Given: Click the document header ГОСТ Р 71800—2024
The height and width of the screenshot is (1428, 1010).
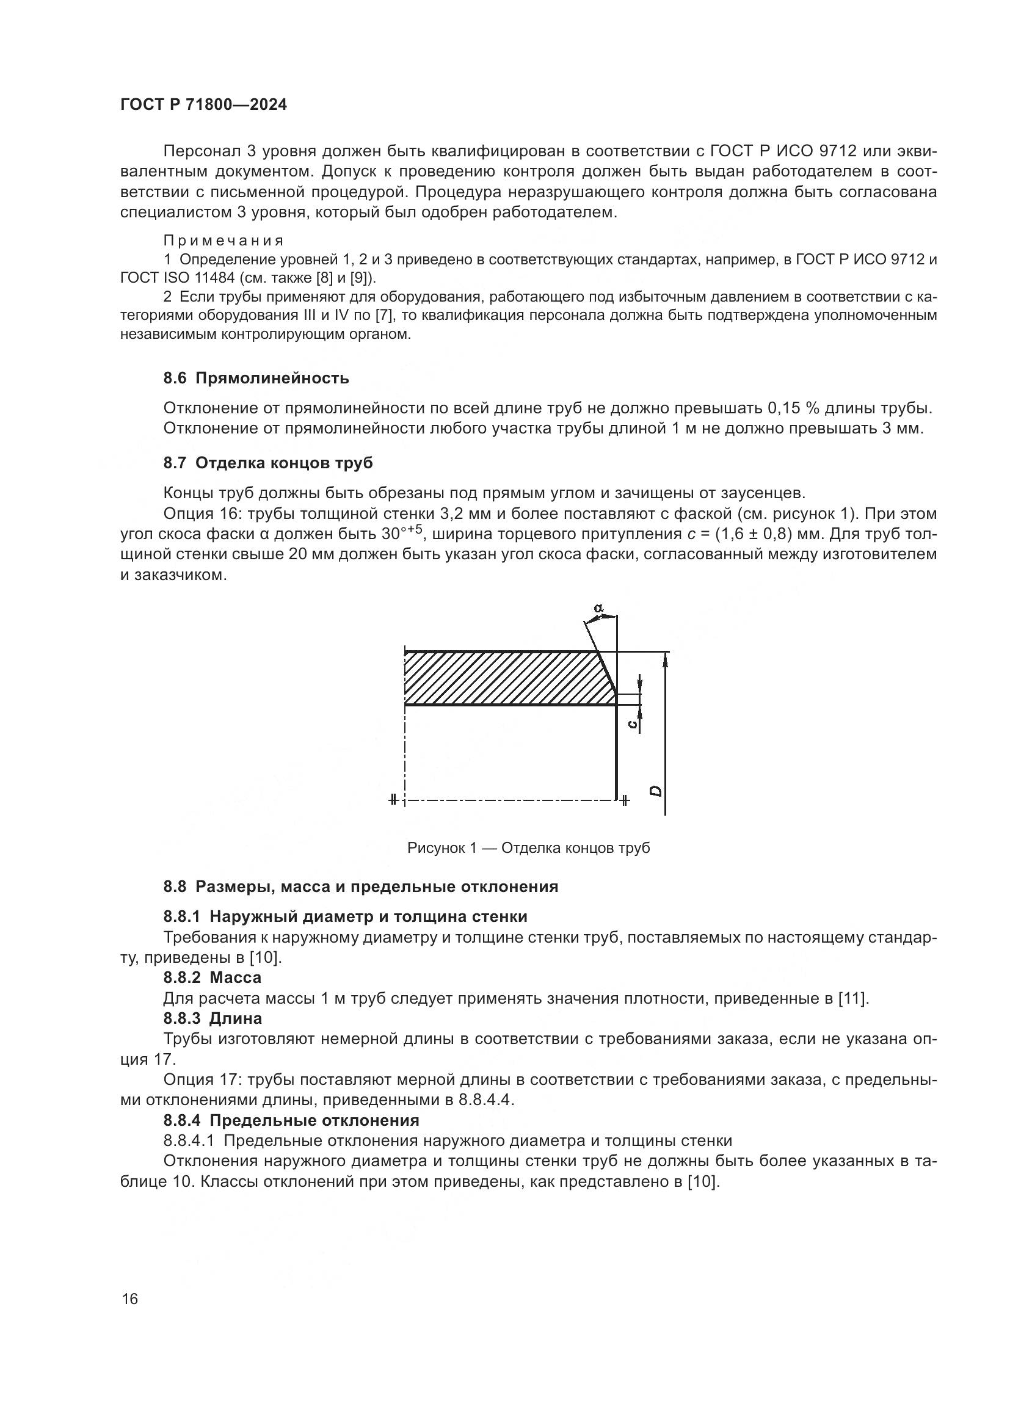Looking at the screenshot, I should pos(203,105).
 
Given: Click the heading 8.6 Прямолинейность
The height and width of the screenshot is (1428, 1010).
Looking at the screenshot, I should pos(256,378).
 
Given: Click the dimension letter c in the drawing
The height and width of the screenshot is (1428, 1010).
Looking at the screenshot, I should pos(632,723).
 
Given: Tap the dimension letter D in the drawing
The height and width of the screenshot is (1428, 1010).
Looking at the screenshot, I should pos(655,791).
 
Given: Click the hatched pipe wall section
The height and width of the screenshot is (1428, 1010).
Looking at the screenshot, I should pos(498,678).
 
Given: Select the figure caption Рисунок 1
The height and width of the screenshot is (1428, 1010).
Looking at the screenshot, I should pos(528,849).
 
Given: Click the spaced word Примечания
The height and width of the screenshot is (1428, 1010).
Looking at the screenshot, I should pos(223,241).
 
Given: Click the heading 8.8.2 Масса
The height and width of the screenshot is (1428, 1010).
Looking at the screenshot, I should pos(212,977).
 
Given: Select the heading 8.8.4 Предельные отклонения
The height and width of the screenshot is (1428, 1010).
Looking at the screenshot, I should pos(291,1121).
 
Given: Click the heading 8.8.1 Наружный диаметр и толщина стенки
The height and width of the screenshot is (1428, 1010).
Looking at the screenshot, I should pos(345,916).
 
